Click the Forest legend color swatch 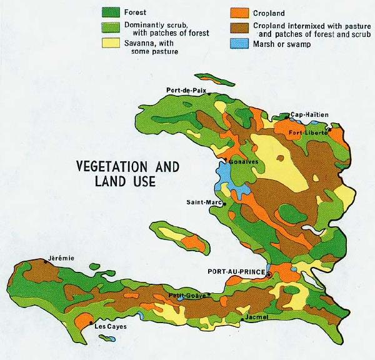[x=112, y=11]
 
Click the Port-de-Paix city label [x=187, y=90]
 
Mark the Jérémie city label [x=61, y=259]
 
